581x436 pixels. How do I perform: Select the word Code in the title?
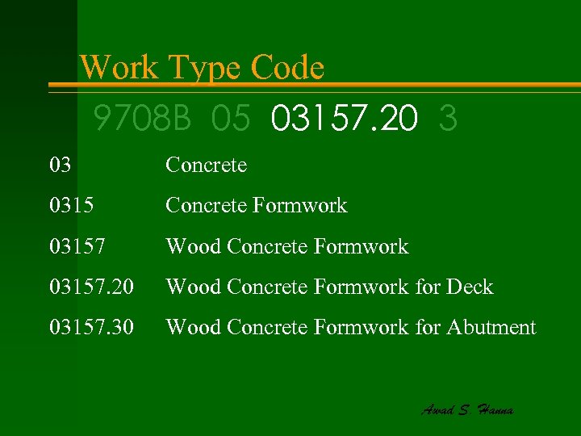pyautogui.click(x=287, y=68)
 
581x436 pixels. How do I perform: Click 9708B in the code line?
pyautogui.click(x=143, y=119)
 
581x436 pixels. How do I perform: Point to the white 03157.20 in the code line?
pyautogui.click(x=345, y=119)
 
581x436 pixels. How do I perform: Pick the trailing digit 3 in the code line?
pyautogui.click(x=449, y=119)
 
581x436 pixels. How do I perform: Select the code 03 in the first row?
pyautogui.click(x=60, y=166)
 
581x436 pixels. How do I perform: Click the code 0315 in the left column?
pyautogui.click(x=71, y=206)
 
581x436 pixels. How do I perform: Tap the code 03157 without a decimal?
pyautogui.click(x=77, y=246)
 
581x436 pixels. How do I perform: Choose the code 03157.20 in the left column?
pyautogui.click(x=90, y=287)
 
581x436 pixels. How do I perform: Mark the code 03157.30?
pyautogui.click(x=90, y=327)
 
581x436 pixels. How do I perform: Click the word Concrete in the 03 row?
pyautogui.click(x=206, y=166)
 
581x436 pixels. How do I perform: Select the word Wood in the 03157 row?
pyautogui.click(x=193, y=246)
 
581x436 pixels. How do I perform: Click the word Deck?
pyautogui.click(x=469, y=287)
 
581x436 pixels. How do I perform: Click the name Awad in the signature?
pyautogui.click(x=438, y=409)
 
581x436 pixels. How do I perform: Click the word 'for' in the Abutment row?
pyautogui.click(x=428, y=327)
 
